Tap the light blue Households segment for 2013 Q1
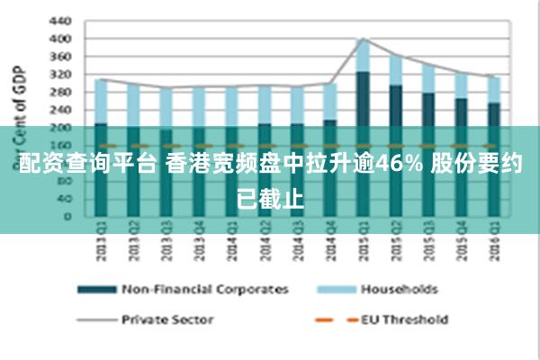101,101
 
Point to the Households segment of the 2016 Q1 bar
493,89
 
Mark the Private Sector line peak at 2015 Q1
363,39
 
